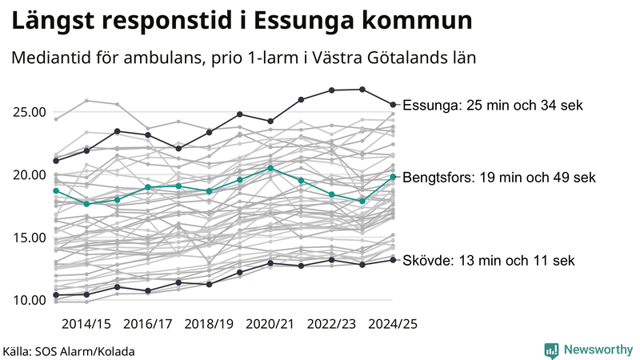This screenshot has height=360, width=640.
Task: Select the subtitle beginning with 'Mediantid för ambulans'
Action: (x=244, y=59)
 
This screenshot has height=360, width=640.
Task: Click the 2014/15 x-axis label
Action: (x=86, y=324)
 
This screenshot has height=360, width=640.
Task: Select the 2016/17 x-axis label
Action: (x=147, y=324)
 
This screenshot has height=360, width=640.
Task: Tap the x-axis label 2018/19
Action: (x=209, y=324)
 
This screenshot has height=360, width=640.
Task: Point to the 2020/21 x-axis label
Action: (x=270, y=324)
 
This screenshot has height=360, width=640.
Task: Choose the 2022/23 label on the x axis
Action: (x=332, y=324)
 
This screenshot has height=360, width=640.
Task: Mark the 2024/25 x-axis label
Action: (x=393, y=324)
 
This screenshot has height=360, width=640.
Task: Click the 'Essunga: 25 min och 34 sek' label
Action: (x=493, y=105)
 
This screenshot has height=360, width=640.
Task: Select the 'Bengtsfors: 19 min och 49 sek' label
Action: (x=502, y=177)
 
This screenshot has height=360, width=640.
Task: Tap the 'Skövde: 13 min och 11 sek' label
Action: (x=488, y=261)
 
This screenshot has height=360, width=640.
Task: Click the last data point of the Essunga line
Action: (x=393, y=104)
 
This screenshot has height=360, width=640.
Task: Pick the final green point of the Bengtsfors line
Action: (x=393, y=177)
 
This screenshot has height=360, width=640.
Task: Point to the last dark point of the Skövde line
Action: (x=393, y=259)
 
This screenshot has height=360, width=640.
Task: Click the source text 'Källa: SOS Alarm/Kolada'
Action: (x=69, y=350)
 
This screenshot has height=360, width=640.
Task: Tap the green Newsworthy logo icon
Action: (x=551, y=350)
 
